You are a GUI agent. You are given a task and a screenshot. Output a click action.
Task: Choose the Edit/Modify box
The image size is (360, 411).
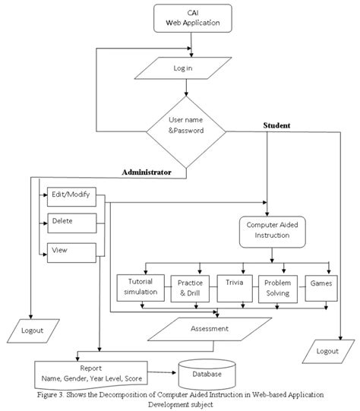73,195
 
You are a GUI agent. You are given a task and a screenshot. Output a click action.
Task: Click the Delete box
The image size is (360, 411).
73,223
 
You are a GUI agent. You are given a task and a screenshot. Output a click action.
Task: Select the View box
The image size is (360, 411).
73,251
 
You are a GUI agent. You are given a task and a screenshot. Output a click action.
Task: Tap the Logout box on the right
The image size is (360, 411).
327,351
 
